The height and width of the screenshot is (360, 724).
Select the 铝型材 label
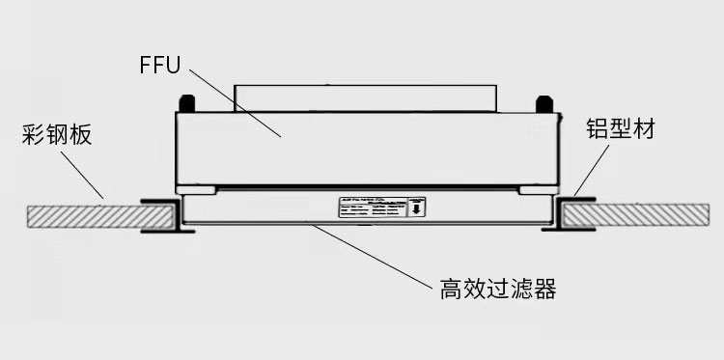click(621, 129)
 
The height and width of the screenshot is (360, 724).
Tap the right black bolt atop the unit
click(543, 101)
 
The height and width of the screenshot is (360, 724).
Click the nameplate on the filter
click(380, 208)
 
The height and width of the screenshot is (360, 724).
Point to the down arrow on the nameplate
click(415, 208)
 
